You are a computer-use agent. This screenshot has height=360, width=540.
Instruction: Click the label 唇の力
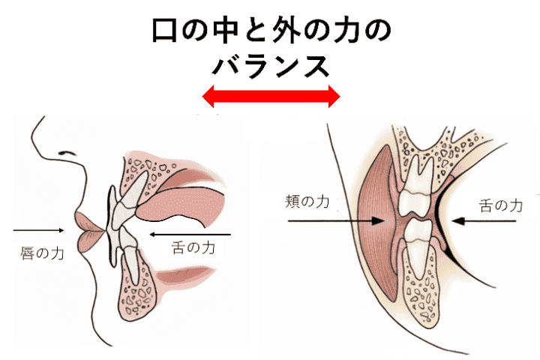(42, 253)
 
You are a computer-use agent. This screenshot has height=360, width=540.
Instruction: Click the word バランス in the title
(271, 66)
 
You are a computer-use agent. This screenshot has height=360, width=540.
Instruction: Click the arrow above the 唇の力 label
(38, 229)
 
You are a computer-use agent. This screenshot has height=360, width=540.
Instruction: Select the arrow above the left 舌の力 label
(191, 235)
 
